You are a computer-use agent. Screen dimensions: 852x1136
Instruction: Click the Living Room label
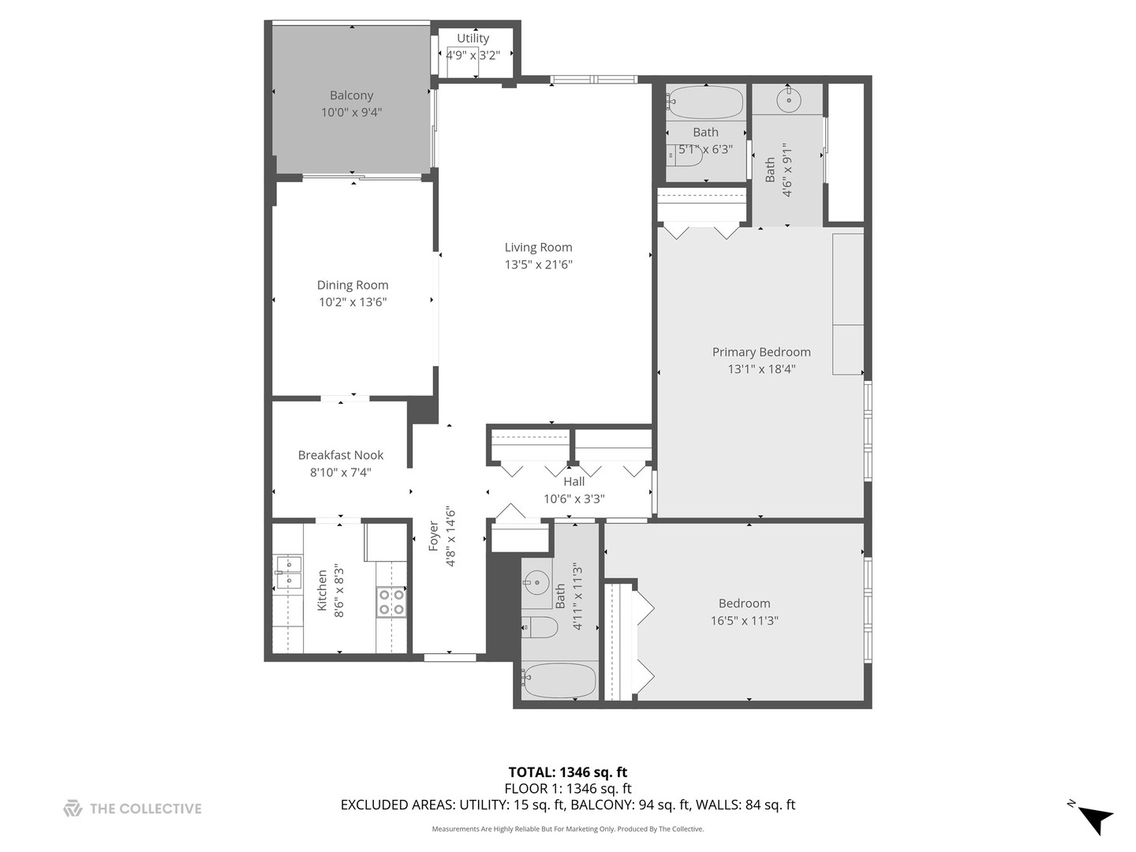pos(538,247)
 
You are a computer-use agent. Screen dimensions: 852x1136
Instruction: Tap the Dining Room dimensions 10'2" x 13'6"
pos(353,302)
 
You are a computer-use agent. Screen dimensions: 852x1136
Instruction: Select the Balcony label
pos(351,95)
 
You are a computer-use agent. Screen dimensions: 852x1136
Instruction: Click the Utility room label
pos(473,38)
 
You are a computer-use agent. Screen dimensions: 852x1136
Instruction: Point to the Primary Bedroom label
pos(761,352)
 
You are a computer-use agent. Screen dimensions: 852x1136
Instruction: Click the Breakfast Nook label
pos(341,455)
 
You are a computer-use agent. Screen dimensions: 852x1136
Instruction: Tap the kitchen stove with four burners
pos(391,602)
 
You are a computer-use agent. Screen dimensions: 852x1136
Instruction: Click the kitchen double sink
pos(288,573)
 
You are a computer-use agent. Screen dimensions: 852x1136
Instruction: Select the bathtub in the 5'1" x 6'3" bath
pos(705,103)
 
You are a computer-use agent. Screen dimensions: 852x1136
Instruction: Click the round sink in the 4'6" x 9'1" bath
pos(789,100)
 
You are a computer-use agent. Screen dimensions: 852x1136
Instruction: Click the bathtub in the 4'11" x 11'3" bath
pos(559,680)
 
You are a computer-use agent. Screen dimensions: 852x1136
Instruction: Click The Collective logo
pos(133,809)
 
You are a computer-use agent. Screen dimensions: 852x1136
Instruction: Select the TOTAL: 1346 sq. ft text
pos(567,772)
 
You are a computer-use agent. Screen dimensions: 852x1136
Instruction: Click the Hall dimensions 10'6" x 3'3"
pos(574,499)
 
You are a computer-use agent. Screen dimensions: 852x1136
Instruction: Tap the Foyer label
pos(433,536)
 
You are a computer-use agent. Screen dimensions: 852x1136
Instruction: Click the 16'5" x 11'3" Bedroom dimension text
pos(744,621)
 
